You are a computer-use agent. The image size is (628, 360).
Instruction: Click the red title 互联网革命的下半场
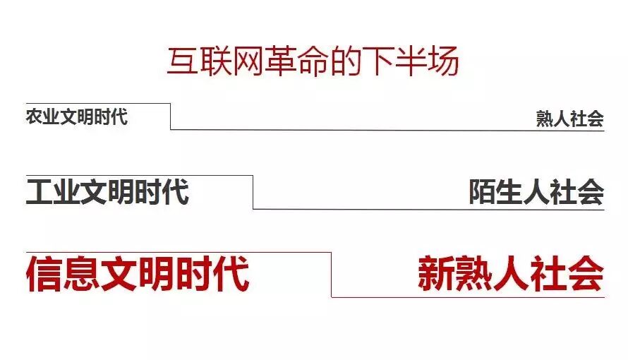[x=313, y=62]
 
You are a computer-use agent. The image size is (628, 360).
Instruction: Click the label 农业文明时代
[x=77, y=116]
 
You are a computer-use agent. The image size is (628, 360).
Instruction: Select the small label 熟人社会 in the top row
[x=569, y=119]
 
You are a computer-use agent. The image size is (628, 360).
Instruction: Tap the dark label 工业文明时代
[x=107, y=192]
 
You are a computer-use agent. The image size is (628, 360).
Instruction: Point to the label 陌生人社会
[x=536, y=192]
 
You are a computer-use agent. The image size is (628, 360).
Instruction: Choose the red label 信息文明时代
[x=138, y=275]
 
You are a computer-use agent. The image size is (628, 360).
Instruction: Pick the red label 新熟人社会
[x=510, y=275]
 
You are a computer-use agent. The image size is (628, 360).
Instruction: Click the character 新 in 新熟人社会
[x=436, y=275]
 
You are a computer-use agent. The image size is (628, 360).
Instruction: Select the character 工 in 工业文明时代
[x=40, y=192]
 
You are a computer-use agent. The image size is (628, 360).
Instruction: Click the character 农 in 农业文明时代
[x=34, y=116]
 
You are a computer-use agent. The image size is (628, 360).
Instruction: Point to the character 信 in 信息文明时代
[x=44, y=275]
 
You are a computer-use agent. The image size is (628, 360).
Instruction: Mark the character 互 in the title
[x=181, y=62]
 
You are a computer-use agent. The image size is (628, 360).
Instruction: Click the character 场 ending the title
[x=445, y=62]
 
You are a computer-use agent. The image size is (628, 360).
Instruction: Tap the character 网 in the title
[x=247, y=62]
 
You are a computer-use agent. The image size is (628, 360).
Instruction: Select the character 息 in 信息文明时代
[x=81, y=275]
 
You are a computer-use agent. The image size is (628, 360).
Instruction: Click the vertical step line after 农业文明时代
[x=170, y=116]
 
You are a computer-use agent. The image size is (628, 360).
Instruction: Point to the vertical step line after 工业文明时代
[x=253, y=192]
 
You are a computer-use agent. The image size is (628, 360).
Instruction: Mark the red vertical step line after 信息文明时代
[x=331, y=275]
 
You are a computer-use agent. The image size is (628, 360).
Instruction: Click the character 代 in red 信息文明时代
[x=231, y=275]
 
